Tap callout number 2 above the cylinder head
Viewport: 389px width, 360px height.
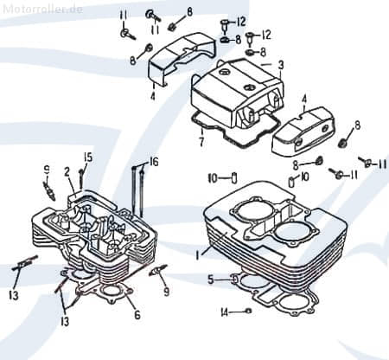pyautogui.click(x=67, y=170)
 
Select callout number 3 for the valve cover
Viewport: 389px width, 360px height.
pyautogui.click(x=280, y=65)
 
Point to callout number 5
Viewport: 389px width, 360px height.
pyautogui.click(x=211, y=280)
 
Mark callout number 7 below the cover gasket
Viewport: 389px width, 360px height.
pyautogui.click(x=201, y=139)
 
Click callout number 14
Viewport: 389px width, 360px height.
pyautogui.click(x=224, y=312)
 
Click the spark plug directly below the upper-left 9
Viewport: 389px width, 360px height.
pyautogui.click(x=50, y=185)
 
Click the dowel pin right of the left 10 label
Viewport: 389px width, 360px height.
pyautogui.click(x=233, y=178)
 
